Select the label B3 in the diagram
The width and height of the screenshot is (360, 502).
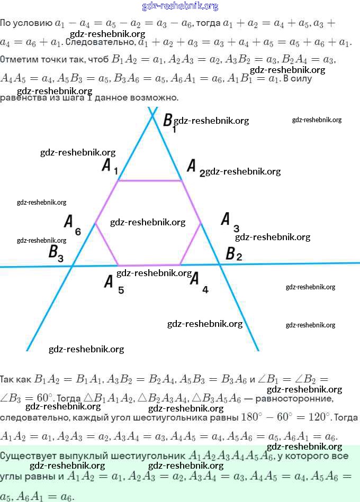click(56, 253)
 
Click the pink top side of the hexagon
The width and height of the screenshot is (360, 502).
click(150, 181)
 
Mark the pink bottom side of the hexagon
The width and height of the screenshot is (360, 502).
click(149, 265)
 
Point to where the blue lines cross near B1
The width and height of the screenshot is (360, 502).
click(152, 114)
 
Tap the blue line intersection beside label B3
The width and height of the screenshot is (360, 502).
click(72, 266)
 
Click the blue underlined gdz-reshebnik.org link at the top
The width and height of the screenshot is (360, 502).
click(180, 6)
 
